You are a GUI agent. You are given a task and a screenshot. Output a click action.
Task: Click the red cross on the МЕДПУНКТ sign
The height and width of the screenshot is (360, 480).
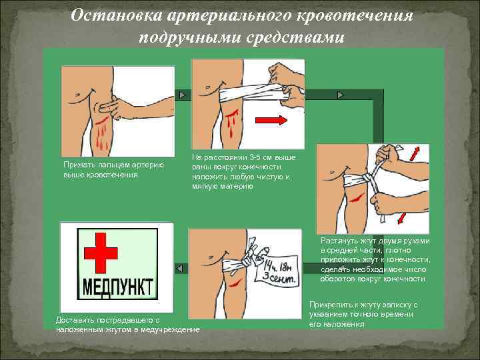(x=100, y=253)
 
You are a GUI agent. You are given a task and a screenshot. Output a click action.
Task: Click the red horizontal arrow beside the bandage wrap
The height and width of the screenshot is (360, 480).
(x=271, y=120)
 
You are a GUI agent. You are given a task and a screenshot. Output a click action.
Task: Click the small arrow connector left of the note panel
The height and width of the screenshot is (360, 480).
(x=179, y=267)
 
